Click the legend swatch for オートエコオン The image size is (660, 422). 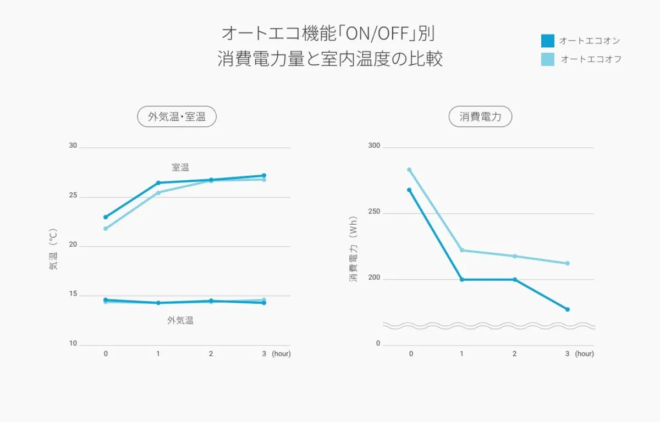(548, 41)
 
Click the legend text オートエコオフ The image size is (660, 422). (591, 59)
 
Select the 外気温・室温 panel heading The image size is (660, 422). (177, 116)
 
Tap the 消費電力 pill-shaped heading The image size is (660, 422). (481, 116)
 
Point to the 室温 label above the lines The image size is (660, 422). (180, 167)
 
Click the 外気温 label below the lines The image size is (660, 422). (180, 320)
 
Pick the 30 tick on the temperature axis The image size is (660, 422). (73, 146)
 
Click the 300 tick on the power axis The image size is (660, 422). (374, 146)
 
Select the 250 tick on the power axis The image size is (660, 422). (374, 213)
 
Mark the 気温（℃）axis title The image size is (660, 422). (53, 249)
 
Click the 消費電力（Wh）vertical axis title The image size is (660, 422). (353, 249)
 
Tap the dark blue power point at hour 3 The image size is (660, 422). (568, 309)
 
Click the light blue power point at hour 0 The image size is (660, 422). (409, 170)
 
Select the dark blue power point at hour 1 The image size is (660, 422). (462, 280)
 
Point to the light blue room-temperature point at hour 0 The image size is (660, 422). (106, 229)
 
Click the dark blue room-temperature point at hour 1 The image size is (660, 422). (158, 183)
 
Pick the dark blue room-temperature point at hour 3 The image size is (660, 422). (264, 175)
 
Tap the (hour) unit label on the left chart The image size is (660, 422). (281, 354)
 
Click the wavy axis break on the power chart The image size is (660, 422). (488, 326)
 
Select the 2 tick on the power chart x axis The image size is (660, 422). (515, 354)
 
